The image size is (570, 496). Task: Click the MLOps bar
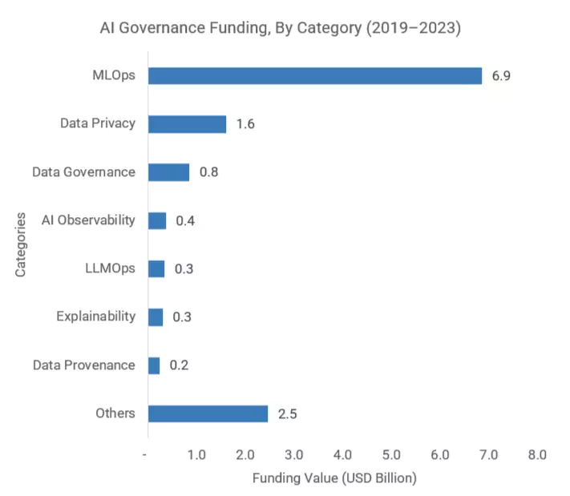(x=315, y=76)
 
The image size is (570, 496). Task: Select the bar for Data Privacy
(x=187, y=124)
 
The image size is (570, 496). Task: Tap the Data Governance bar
(x=168, y=172)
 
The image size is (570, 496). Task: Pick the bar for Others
(x=208, y=413)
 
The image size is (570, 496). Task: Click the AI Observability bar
(x=157, y=220)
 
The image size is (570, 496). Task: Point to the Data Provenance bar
(x=154, y=365)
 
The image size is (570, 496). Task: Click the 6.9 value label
(x=501, y=76)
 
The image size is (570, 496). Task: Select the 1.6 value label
(x=245, y=124)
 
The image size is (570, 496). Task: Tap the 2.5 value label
(x=287, y=413)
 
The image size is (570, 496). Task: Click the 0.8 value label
(x=208, y=172)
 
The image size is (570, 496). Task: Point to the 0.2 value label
(x=179, y=365)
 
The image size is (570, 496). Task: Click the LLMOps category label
(x=110, y=268)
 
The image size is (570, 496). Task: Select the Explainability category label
(x=95, y=317)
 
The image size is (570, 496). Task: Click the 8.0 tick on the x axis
(x=536, y=454)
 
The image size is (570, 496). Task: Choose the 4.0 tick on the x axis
(x=342, y=454)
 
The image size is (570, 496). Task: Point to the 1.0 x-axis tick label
(x=196, y=454)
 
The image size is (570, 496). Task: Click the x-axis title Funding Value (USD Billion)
(x=334, y=478)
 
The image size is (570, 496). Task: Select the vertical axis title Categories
(x=21, y=244)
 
